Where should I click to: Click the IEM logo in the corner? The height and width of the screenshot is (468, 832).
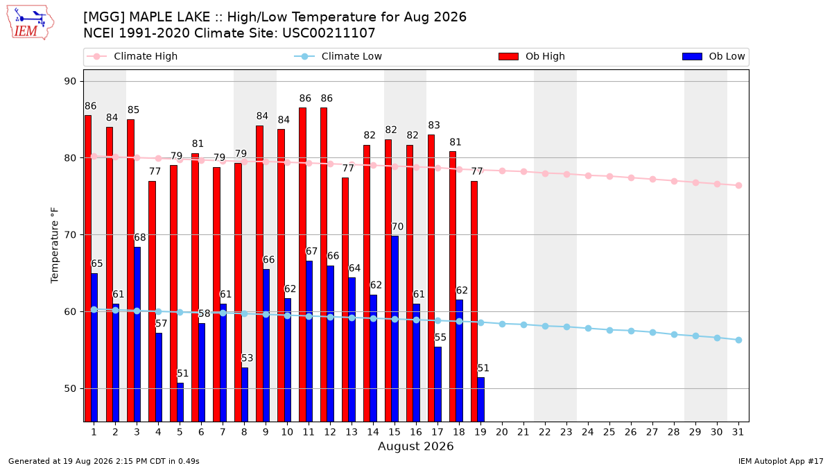click(31, 23)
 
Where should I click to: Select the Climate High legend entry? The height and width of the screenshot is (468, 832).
click(132, 56)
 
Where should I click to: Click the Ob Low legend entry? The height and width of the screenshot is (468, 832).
click(713, 56)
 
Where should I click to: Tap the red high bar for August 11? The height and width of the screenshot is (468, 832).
click(303, 264)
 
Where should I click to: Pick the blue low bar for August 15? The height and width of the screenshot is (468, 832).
click(395, 329)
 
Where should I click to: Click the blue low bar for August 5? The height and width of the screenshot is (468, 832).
click(180, 402)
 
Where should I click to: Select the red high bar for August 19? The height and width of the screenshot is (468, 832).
click(474, 301)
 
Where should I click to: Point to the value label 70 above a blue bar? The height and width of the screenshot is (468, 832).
click(397, 227)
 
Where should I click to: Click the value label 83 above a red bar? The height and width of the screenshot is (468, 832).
click(434, 125)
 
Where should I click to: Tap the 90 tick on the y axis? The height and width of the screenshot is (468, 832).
click(70, 81)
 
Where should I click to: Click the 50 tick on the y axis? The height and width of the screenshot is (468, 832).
click(70, 388)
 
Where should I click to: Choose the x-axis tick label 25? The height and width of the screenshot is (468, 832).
click(609, 432)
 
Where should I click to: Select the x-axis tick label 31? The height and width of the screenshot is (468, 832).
click(738, 432)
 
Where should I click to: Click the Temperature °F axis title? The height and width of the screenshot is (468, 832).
click(55, 245)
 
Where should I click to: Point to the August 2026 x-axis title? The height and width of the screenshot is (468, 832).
click(415, 446)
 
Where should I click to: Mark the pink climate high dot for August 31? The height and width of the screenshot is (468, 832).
click(739, 185)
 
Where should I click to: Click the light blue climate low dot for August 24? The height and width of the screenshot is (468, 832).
click(589, 329)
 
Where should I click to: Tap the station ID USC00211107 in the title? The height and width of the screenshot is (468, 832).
click(329, 33)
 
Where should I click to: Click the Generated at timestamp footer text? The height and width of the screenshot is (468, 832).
click(103, 461)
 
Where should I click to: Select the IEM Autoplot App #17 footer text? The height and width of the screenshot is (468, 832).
click(781, 461)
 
